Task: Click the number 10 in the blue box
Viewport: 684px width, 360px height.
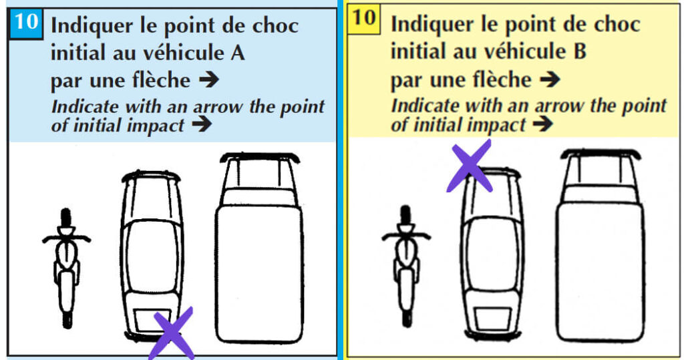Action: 26,23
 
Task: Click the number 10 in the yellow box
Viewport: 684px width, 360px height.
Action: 365,18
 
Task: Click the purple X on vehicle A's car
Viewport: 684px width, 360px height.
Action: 172,332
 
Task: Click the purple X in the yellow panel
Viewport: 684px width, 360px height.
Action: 470,165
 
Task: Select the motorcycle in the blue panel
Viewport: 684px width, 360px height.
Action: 65,267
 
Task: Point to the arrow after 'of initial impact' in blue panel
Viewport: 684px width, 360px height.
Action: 200,125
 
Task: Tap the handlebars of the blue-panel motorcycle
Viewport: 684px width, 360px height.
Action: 66,238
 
